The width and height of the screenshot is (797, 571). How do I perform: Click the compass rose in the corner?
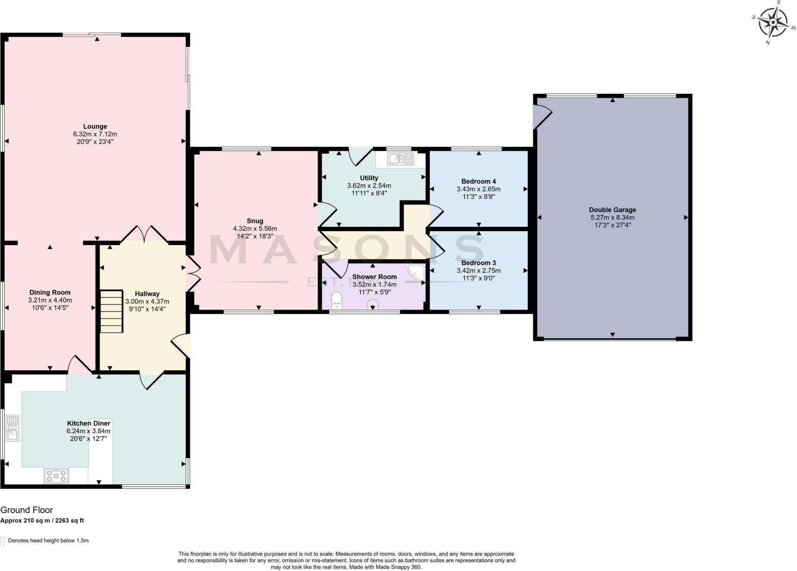point(773,23)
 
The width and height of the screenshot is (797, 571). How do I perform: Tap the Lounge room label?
point(95,126)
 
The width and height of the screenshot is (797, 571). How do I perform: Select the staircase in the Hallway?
point(111,311)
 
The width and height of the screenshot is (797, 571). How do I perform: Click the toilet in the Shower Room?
point(336,301)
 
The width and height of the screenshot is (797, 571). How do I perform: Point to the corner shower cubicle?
point(416,273)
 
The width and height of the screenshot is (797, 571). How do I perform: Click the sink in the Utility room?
point(400,159)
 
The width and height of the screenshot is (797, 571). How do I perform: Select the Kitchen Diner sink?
point(13,428)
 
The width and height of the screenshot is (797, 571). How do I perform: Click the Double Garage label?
point(612,210)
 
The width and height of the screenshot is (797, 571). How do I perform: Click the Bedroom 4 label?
point(478,181)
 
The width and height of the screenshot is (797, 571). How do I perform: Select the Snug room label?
point(255,221)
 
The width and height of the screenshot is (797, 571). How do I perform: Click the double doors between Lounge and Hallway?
point(144,234)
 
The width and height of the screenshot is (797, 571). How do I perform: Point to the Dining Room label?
point(50,293)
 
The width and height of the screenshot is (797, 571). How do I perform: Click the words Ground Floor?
point(26,510)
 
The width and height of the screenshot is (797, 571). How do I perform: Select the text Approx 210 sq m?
point(26,520)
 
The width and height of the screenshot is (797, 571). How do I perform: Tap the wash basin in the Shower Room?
point(372,304)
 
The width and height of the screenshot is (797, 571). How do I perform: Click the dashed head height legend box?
point(2,541)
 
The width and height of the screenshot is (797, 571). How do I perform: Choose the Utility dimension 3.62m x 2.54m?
point(369,186)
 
